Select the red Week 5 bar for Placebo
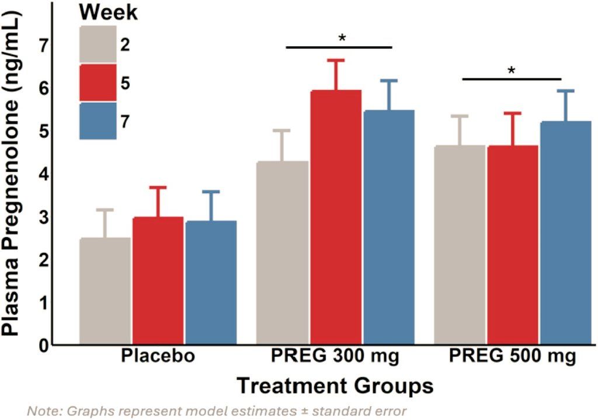pos(158,280)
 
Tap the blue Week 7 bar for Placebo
pos(211,283)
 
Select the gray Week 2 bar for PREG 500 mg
pos(460,245)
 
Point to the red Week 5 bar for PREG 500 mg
pos(513,245)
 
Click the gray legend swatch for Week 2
pos(98,44)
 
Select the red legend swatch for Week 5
pos(98,83)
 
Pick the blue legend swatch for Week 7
pos(98,121)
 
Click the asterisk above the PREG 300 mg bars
pos(342,39)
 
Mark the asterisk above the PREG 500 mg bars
pos(512,71)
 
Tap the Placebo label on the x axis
pos(158,357)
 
